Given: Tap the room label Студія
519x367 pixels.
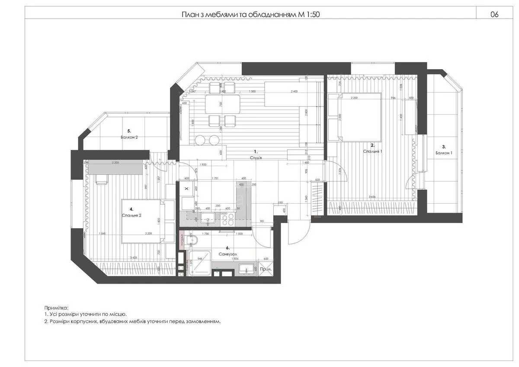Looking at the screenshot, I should [256, 158].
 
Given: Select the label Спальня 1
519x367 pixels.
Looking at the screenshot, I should [372, 152].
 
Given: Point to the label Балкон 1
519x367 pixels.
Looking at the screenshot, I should [444, 153].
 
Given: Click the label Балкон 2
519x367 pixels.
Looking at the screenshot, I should [129, 137].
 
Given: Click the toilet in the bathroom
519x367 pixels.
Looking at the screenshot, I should [192, 241].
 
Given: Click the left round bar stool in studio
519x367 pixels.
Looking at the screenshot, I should [200, 140].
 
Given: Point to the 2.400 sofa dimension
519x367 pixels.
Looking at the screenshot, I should [294, 92].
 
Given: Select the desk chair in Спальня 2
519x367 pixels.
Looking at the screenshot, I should [102, 180].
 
